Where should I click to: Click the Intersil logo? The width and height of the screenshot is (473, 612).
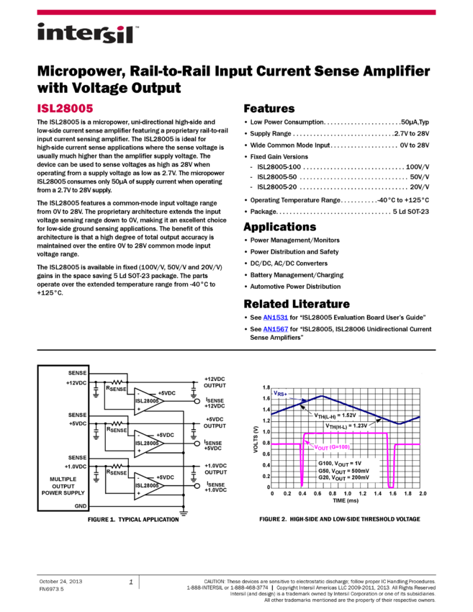tap(88, 34)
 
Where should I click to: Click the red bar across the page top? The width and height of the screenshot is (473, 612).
tap(236, 12)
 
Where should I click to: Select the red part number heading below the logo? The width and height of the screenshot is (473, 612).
tap(66, 109)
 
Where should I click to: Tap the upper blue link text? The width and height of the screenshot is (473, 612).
tap(276, 318)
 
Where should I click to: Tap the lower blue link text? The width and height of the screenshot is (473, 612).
tap(276, 329)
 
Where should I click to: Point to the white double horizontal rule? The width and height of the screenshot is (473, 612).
tap(236, 351)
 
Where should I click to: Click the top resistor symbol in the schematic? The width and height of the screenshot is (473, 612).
tap(117, 382)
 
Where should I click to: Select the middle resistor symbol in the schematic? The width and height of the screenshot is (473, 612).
tap(117, 424)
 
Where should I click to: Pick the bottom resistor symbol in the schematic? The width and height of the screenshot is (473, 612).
tap(117, 467)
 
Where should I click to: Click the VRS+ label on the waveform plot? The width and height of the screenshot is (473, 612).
tap(280, 394)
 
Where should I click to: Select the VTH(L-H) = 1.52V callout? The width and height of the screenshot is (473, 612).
tap(335, 415)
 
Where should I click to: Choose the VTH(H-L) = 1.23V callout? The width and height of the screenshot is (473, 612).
tap(346, 426)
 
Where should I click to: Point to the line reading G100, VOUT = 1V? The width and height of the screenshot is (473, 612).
tap(340, 463)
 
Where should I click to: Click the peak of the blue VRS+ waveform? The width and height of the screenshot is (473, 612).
tap(322, 395)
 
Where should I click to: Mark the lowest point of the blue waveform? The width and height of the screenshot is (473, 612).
tap(400, 423)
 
